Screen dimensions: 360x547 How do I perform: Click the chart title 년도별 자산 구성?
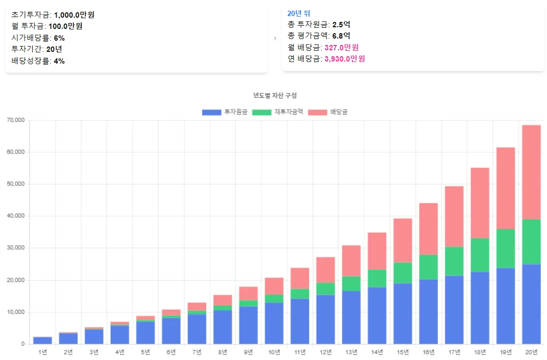pos(275,95)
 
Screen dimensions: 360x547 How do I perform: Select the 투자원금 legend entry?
pos(225,112)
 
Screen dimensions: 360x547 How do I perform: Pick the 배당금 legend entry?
pos(328,112)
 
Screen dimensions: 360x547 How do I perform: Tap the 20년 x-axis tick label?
pos(531,352)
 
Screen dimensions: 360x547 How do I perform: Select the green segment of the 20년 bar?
pos(531,242)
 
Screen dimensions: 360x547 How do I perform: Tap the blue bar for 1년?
pos(42,340)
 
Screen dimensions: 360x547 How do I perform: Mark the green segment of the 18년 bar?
pos(480,255)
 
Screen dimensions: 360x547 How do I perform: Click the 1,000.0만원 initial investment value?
pos(74,15)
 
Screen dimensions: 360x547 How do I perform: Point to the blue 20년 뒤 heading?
pos(298,13)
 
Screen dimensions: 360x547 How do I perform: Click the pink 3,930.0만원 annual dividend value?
pos(345,59)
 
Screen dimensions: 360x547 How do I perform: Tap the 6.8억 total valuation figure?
pos(341,36)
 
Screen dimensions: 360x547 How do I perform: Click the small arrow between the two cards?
pos(275,39)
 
